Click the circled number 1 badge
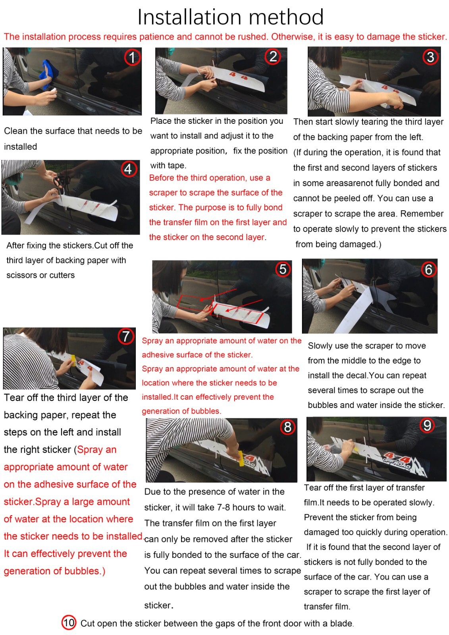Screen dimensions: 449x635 click(132, 57)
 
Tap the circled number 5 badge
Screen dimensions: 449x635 click(283, 269)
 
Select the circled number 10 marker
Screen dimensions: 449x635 click(69, 623)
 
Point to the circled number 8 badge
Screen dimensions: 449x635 click(287, 427)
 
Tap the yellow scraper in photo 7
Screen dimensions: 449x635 click(73, 360)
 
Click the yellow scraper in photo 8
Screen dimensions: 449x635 click(241, 459)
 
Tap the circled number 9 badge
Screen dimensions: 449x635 click(427, 425)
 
